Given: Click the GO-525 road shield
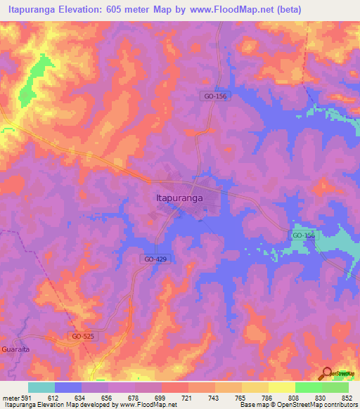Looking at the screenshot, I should tap(82, 337).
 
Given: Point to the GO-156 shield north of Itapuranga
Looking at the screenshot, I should tap(210, 99).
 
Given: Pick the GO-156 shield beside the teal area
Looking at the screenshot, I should tap(304, 235).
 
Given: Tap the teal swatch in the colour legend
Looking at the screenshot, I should tap(41, 387).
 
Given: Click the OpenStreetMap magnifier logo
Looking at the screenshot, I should tap(328, 374).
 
